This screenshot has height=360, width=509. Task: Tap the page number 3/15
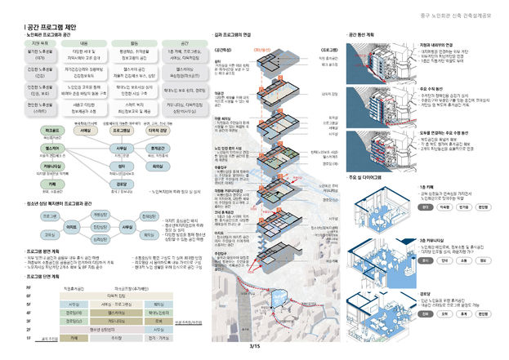[x=254, y=348]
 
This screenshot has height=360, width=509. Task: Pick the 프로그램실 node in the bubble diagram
[x=121, y=130]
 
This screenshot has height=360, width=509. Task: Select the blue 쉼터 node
[x=121, y=166]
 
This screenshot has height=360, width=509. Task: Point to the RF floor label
[x=29, y=288]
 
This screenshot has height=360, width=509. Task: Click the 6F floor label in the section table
[x=29, y=296]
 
